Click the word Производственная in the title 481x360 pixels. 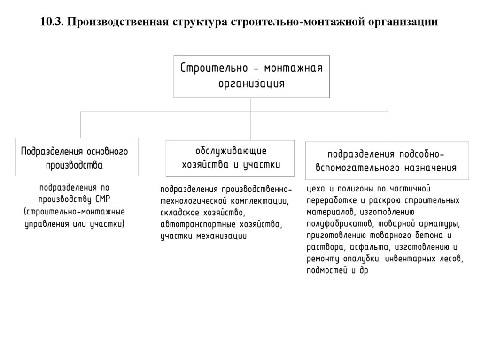[x=113, y=22]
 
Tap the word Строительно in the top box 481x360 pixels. [x=214, y=68]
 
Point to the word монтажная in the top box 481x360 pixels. [x=293, y=68]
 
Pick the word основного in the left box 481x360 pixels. [x=107, y=152]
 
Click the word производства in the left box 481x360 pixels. [x=74, y=165]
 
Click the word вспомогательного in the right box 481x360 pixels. [x=359, y=167]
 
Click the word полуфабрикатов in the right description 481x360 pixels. [x=338, y=223]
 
